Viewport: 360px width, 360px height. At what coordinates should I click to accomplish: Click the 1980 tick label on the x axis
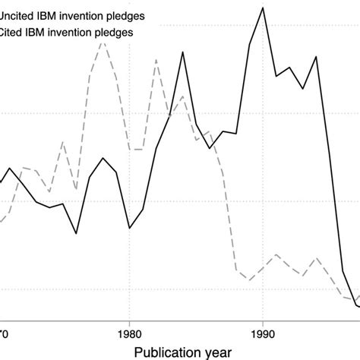click(x=129, y=332)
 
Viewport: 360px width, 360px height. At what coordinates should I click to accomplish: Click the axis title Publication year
click(x=182, y=352)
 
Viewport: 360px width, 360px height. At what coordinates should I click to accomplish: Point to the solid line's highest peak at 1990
click(x=263, y=8)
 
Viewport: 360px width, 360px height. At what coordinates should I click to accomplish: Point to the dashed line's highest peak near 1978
click(x=103, y=41)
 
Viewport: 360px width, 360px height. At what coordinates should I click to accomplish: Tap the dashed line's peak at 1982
click(x=156, y=59)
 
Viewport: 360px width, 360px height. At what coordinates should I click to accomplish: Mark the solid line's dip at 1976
click(x=76, y=233)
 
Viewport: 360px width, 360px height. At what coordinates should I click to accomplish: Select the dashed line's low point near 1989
click(x=249, y=279)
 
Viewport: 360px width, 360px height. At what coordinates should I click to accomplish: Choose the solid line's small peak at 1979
click(x=116, y=169)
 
